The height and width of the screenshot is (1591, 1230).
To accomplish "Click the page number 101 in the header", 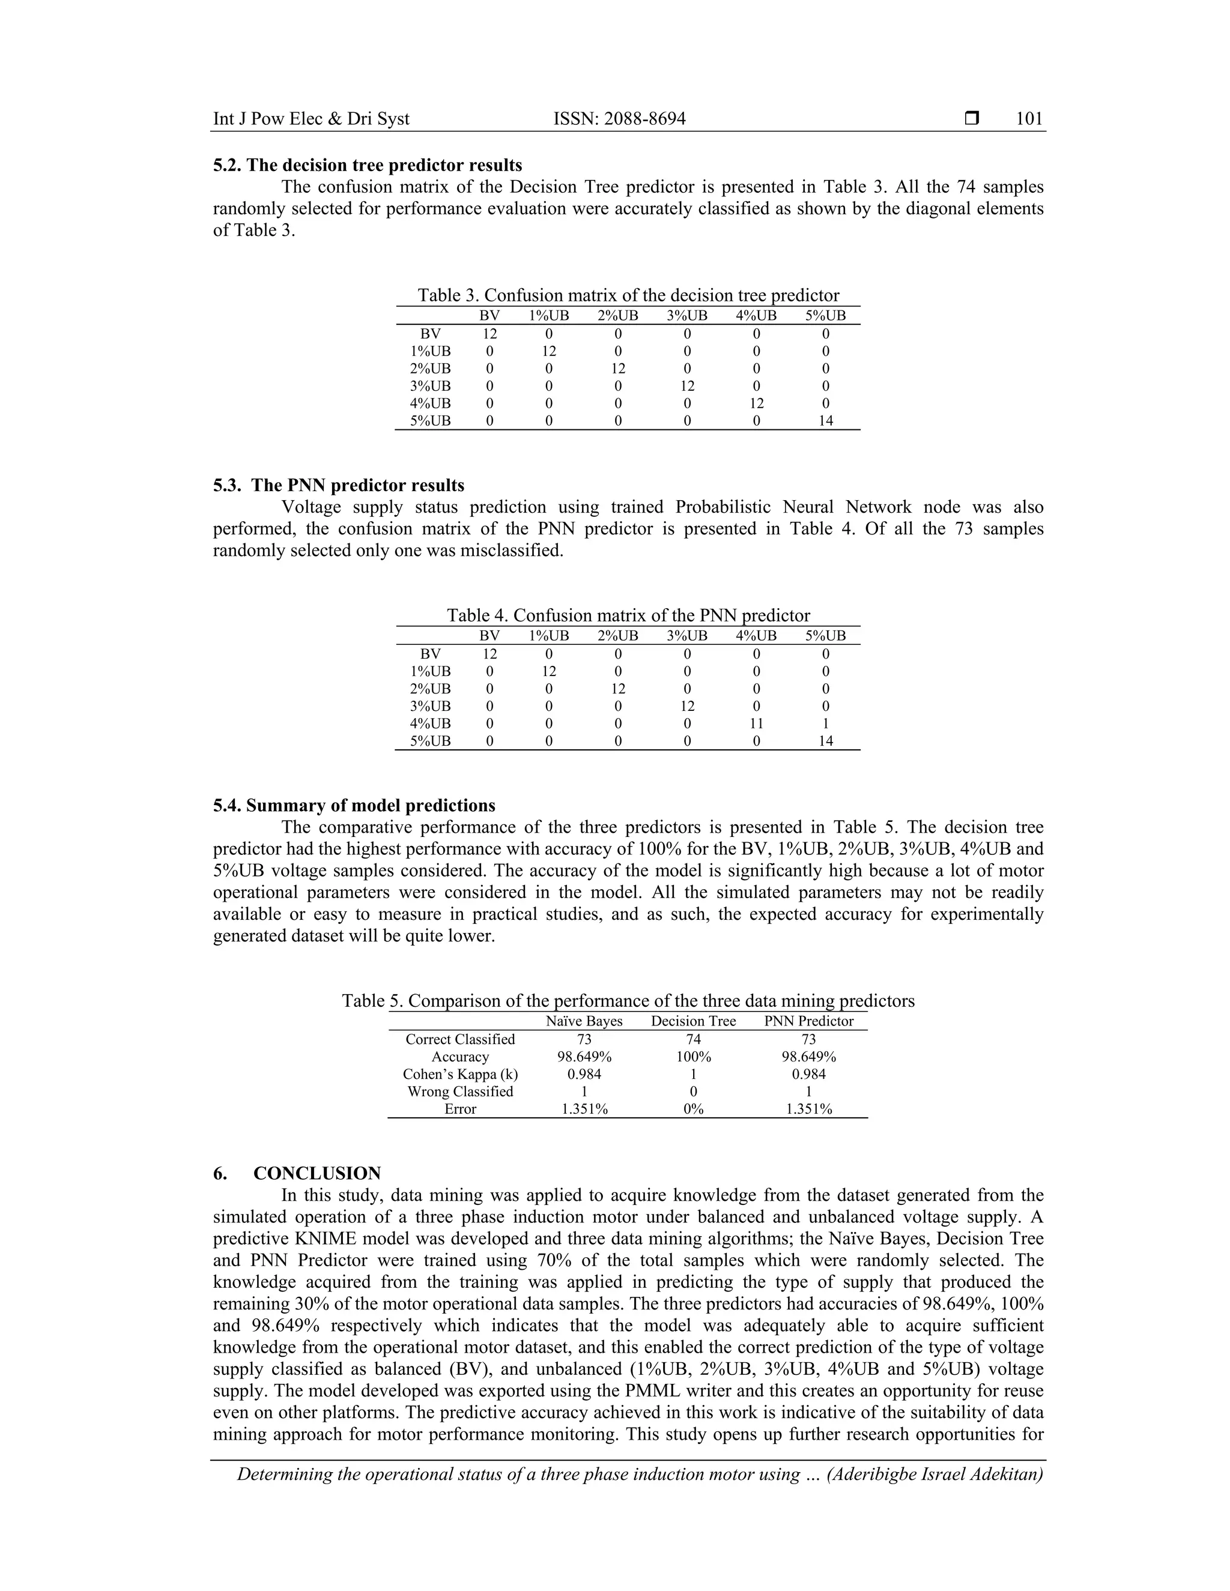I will pyautogui.click(x=1029, y=119).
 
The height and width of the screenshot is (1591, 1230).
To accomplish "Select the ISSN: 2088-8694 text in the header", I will pyautogui.click(x=619, y=119).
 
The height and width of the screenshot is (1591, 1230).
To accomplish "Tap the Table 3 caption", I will pyautogui.click(x=628, y=295).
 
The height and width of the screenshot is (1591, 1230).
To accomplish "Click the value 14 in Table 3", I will pyautogui.click(x=825, y=420).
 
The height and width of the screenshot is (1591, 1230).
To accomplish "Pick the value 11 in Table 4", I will pyautogui.click(x=756, y=723).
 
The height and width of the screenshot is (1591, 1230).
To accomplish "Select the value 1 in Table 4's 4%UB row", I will pyautogui.click(x=825, y=723).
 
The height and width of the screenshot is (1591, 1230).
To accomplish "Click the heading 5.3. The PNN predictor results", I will pyautogui.click(x=339, y=485).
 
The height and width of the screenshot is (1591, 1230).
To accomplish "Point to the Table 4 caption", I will pyautogui.click(x=628, y=615).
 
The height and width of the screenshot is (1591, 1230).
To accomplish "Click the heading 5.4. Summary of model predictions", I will pyautogui.click(x=354, y=805).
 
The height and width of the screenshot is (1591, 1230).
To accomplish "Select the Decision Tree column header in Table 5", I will pyautogui.click(x=693, y=1021).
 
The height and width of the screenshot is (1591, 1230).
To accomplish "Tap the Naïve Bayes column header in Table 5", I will pyautogui.click(x=584, y=1021).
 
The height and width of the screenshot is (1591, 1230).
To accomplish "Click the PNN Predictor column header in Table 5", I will pyautogui.click(x=808, y=1021).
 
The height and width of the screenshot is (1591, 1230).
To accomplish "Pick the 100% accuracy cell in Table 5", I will pyautogui.click(x=693, y=1056).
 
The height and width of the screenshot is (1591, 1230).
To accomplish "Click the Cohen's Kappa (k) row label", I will pyautogui.click(x=460, y=1074).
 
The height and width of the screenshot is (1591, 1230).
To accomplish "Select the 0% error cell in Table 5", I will pyautogui.click(x=693, y=1109).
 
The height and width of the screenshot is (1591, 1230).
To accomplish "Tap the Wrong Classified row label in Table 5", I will pyautogui.click(x=460, y=1091).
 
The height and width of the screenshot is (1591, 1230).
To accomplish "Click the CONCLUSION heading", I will pyautogui.click(x=317, y=1174).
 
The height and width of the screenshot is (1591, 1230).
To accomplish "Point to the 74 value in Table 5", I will pyautogui.click(x=693, y=1039).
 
